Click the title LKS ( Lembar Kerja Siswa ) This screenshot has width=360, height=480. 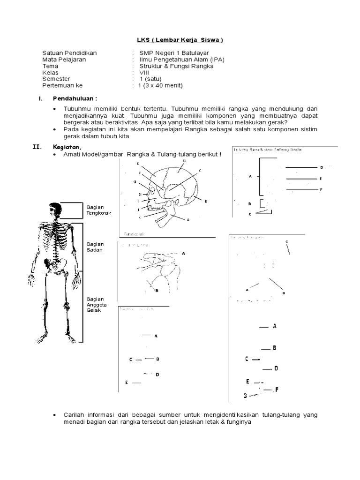180,40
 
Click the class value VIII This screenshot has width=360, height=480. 144,73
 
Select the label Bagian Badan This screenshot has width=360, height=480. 95,247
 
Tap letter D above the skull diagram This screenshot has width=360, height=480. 184,160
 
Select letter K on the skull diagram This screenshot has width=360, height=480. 139,217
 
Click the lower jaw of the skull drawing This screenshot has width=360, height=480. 162,217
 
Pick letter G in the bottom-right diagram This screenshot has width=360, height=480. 245,396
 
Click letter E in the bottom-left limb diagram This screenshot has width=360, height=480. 127,383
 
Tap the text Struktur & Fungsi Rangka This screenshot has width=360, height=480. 173,66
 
